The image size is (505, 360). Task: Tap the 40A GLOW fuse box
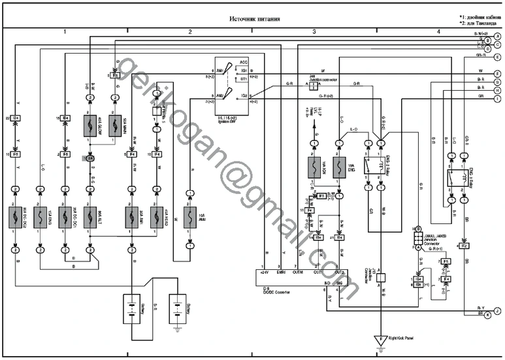[90, 126]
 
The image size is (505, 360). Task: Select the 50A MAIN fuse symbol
[114, 126]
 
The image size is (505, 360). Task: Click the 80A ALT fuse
[90, 218]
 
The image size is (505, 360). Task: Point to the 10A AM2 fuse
[190, 219]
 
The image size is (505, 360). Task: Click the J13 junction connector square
[379, 276]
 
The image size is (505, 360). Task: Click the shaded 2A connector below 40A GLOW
[90, 158]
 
